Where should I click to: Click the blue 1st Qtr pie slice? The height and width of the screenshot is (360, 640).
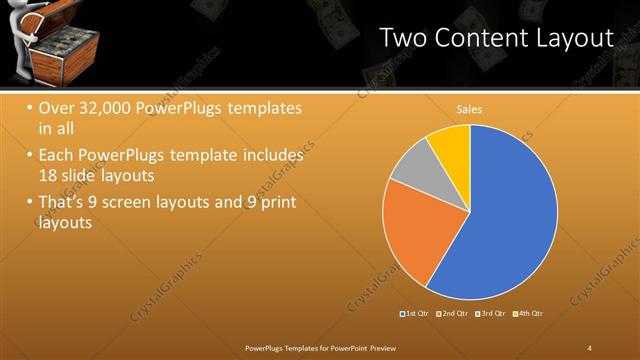point(500,220)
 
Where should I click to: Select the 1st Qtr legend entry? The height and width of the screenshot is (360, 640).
point(414,314)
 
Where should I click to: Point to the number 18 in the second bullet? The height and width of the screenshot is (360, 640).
point(50,176)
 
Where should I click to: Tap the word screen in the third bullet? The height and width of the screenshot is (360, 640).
point(151,203)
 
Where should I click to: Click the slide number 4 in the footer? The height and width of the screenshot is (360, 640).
point(589,347)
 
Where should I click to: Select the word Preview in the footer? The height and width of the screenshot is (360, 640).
point(384,347)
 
